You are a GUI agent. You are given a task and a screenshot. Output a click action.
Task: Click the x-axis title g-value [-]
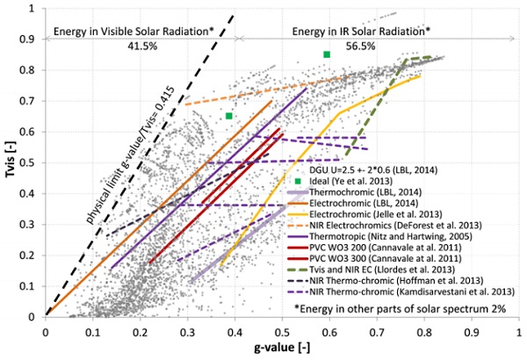click(282, 349)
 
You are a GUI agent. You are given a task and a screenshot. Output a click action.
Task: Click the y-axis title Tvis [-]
click(11, 162)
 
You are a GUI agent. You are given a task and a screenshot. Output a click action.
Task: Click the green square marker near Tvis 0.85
click(327, 54)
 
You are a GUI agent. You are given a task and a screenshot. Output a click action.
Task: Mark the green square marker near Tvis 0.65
click(228, 116)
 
